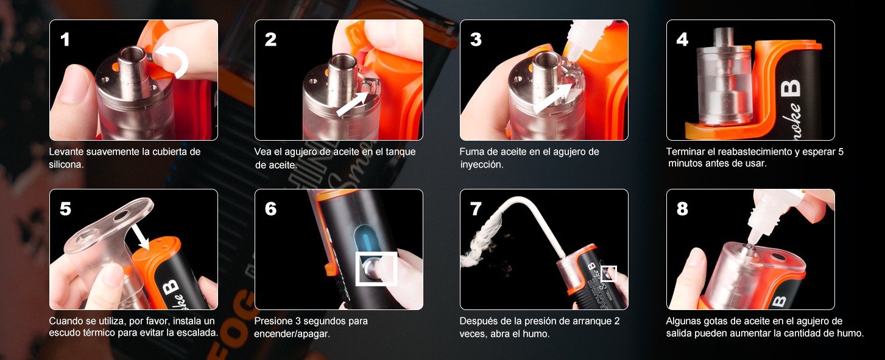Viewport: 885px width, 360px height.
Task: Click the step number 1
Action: (x=65, y=40)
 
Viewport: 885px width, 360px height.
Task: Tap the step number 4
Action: (x=682, y=40)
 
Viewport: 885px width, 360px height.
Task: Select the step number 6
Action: (x=270, y=209)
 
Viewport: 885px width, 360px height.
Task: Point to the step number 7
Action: (x=476, y=209)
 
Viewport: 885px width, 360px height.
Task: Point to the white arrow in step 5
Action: (x=140, y=236)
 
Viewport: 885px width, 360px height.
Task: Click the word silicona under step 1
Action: (x=66, y=164)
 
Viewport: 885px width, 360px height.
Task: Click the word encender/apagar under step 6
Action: (x=292, y=334)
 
